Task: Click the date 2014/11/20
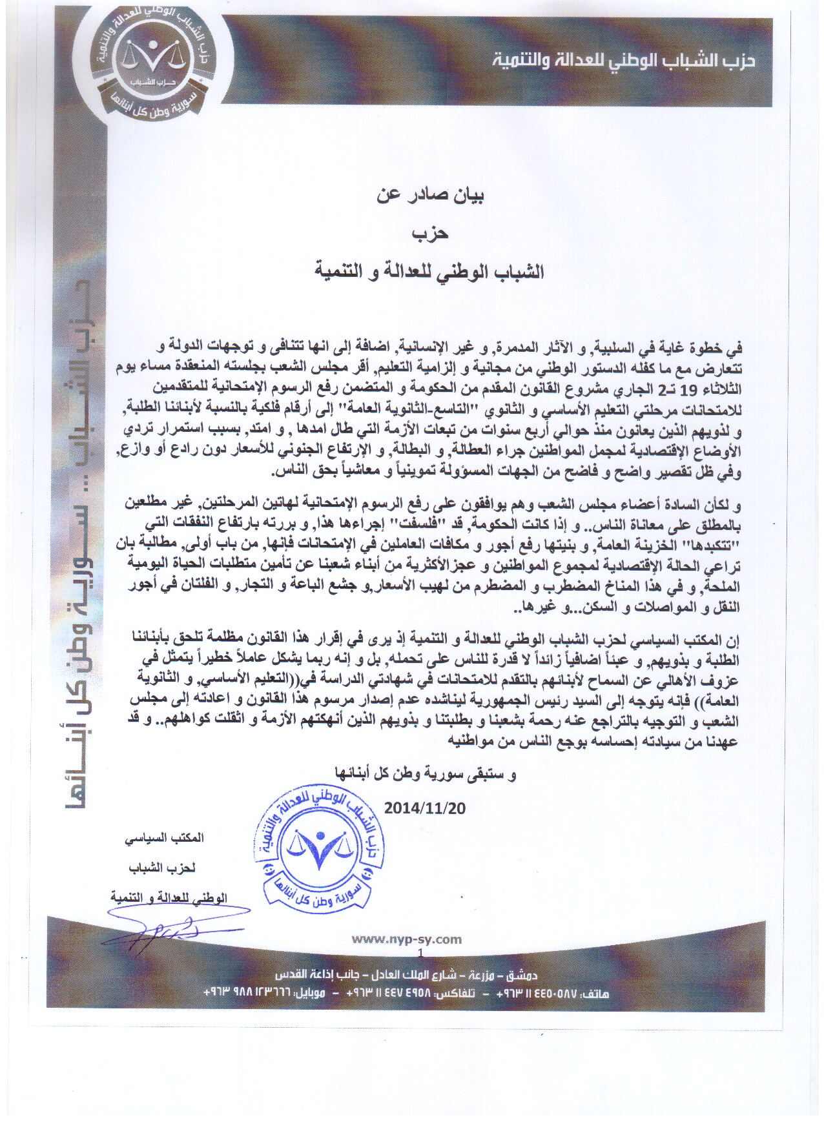pyautogui.click(x=425, y=808)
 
